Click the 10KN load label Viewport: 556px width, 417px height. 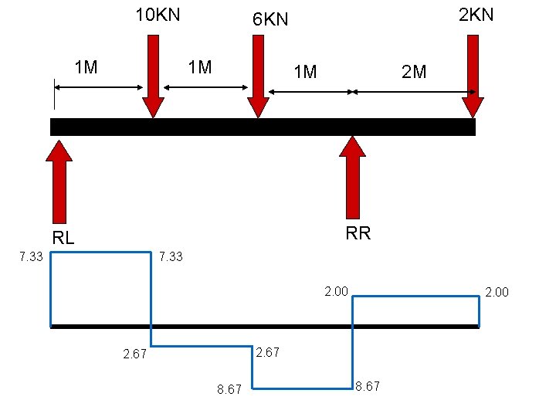(158, 15)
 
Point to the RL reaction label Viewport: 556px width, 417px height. (63, 238)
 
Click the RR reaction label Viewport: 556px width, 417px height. (358, 233)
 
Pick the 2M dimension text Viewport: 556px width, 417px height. (414, 73)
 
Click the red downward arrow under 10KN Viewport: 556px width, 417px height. (153, 77)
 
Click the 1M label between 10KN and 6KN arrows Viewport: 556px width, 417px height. (200, 68)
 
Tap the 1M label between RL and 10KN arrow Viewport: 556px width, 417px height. (85, 68)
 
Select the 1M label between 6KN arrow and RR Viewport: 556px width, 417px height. (305, 73)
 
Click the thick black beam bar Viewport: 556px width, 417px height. (263, 127)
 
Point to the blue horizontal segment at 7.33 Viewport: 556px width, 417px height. (100, 252)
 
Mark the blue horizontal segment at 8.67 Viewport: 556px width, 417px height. (303, 388)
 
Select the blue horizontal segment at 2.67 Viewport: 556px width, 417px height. (202, 346)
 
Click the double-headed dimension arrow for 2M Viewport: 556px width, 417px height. (414, 92)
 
